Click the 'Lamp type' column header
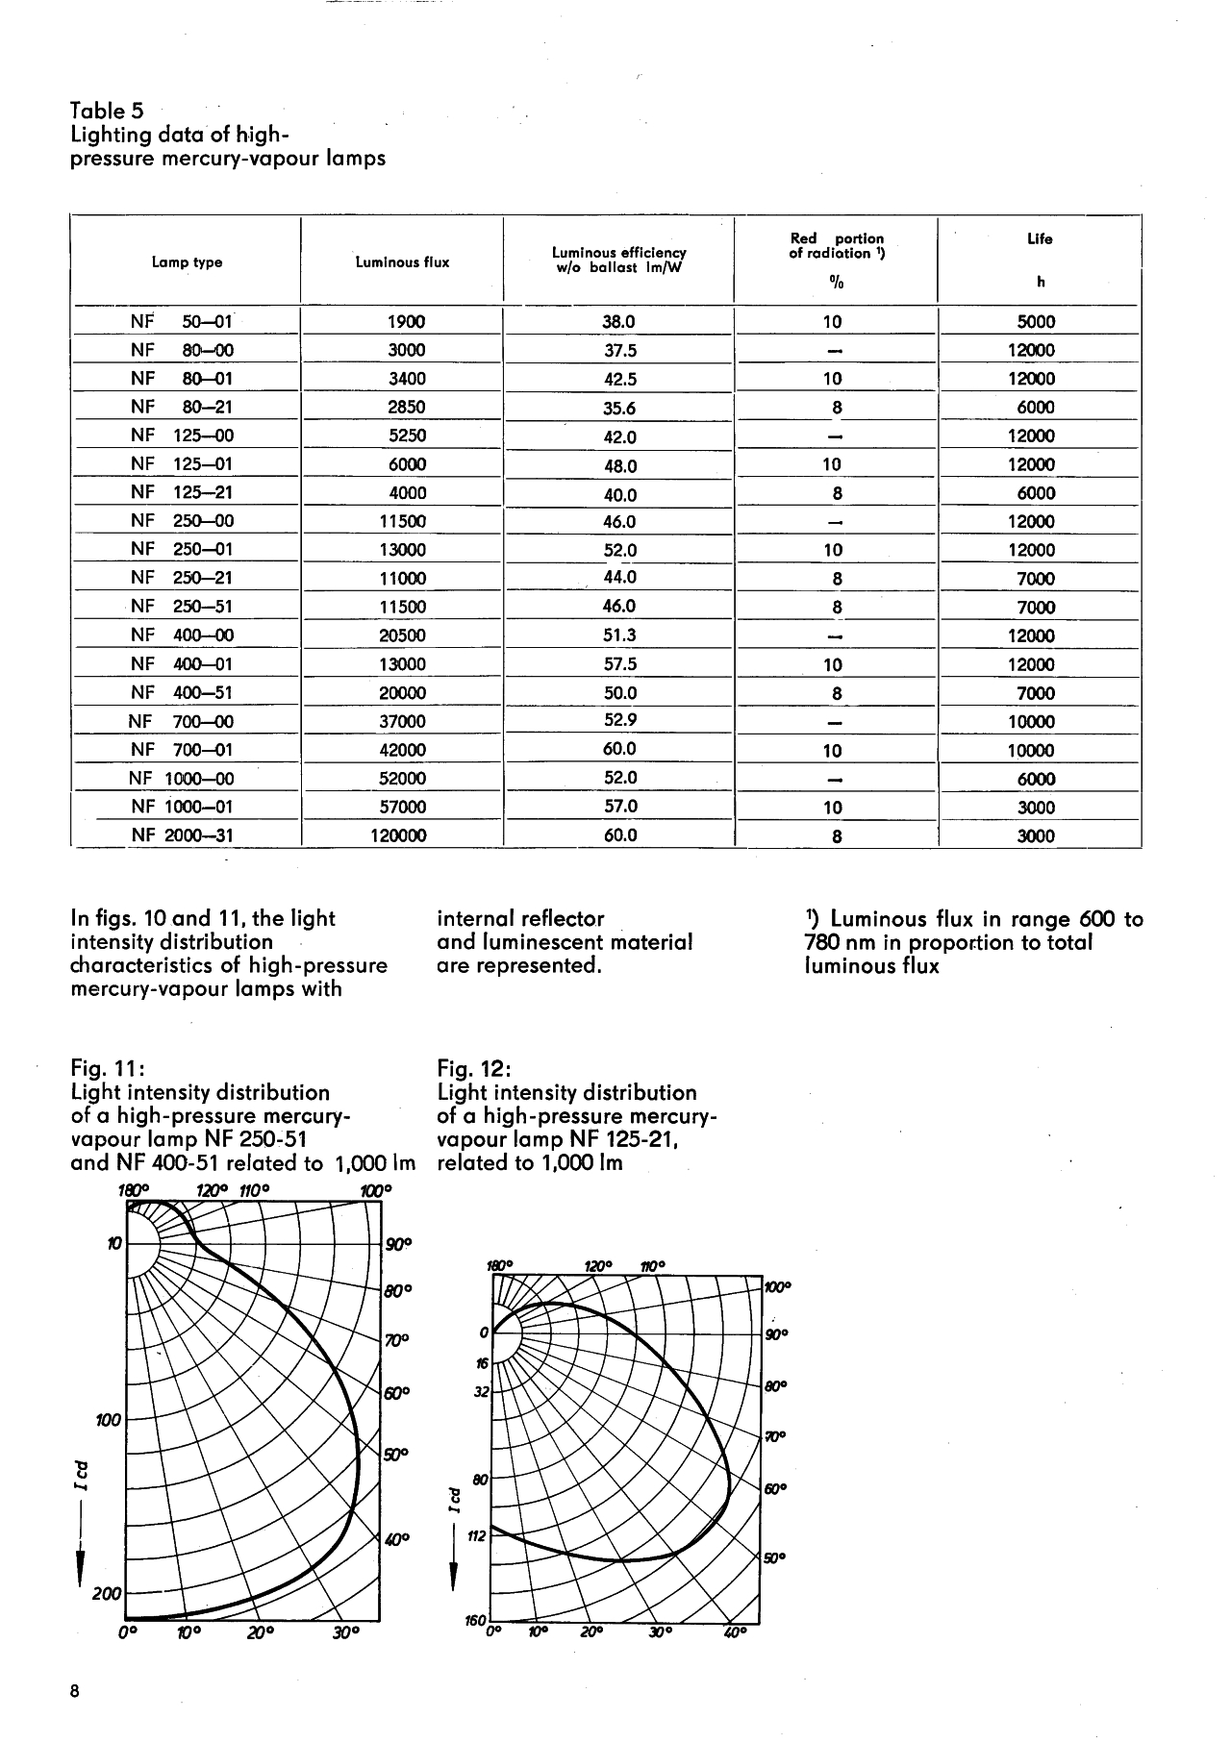[x=188, y=262]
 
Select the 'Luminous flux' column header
[x=402, y=262]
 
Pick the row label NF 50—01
[x=182, y=322]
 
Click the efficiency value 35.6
[x=619, y=409]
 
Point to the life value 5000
[x=1037, y=323]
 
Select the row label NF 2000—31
[x=182, y=835]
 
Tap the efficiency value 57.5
[x=619, y=664]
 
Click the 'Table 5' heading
[x=108, y=112]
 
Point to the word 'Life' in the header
[x=1040, y=239]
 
